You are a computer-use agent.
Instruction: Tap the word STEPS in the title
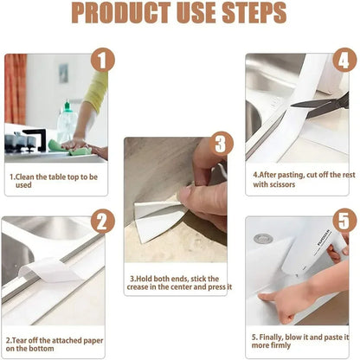(254, 13)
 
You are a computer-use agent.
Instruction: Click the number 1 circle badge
(103, 61)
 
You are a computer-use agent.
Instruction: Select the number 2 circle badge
(103, 222)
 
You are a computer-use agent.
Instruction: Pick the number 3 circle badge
(221, 144)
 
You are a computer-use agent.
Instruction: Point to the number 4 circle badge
(344, 60)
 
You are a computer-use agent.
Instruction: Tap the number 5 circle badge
(344, 221)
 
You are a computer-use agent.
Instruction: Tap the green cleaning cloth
(69, 148)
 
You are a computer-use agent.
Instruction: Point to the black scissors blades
(320, 106)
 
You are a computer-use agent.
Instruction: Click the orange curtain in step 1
(16, 89)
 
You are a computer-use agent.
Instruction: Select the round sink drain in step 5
(263, 239)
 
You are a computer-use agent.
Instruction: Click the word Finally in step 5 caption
(271, 337)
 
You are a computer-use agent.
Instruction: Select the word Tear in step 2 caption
(19, 340)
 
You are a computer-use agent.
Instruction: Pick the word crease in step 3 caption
(138, 287)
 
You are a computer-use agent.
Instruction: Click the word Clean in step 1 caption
(25, 177)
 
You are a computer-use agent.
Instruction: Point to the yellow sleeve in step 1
(97, 90)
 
